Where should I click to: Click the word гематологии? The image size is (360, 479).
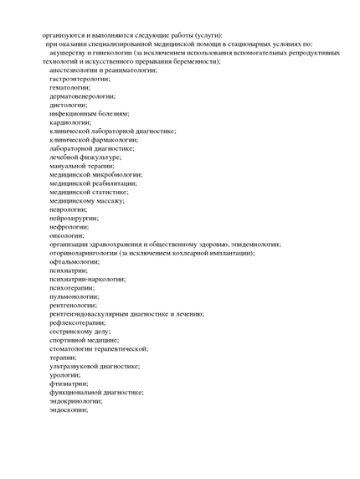coord(70,87)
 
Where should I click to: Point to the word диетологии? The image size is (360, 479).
coord(68,105)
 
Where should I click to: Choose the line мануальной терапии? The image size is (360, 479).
coord(81,166)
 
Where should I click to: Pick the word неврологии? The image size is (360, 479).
coord(68,209)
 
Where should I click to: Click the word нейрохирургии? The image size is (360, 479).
coord(73,218)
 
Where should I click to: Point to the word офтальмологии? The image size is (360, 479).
coord(73,261)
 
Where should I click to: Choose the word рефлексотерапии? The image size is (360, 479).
coord(77,322)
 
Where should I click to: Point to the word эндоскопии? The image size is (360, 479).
coord(69,409)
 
